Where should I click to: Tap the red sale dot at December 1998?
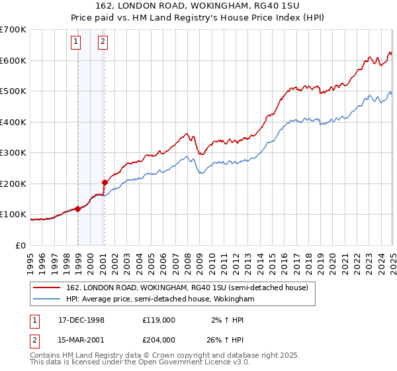78,209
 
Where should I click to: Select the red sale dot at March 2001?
105,182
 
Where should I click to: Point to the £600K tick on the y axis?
13,60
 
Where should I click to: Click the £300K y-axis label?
13,152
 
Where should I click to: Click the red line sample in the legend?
47,288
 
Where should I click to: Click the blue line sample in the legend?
47,299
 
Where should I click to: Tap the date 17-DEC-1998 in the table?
82,320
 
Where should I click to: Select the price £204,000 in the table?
159,340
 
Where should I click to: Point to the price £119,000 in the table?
159,320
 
